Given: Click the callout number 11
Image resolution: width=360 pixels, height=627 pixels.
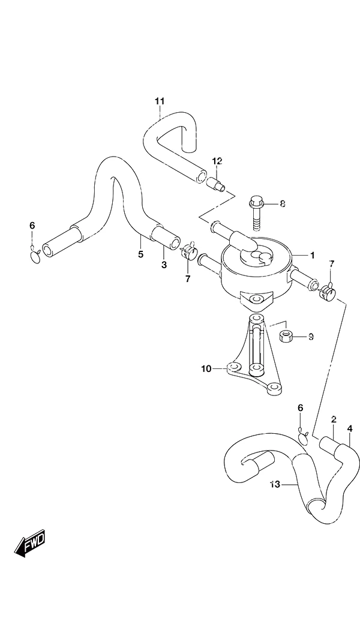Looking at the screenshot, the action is pyautogui.click(x=160, y=101).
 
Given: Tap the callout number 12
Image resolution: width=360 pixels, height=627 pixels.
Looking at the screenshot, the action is pyautogui.click(x=217, y=161).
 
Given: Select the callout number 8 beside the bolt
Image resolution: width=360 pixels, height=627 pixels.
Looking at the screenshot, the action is pyautogui.click(x=283, y=204).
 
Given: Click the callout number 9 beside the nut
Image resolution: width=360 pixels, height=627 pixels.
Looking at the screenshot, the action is pyautogui.click(x=311, y=337).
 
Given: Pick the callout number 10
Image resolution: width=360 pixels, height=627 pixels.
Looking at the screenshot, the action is pyautogui.click(x=206, y=368).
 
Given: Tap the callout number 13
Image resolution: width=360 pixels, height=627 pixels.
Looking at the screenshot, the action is pyautogui.click(x=275, y=485).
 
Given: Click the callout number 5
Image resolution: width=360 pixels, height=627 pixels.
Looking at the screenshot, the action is pyautogui.click(x=140, y=254).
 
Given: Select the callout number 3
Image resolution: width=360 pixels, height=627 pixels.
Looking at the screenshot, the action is pyautogui.click(x=164, y=265).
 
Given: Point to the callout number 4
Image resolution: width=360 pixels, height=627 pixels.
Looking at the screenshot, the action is pyautogui.click(x=350, y=428).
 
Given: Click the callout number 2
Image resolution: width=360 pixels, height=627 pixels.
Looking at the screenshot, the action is pyautogui.click(x=334, y=419).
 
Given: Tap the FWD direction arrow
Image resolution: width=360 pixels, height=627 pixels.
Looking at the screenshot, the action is pyautogui.click(x=31, y=544).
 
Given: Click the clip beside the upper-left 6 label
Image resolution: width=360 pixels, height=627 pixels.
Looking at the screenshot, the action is pyautogui.click(x=35, y=255).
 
